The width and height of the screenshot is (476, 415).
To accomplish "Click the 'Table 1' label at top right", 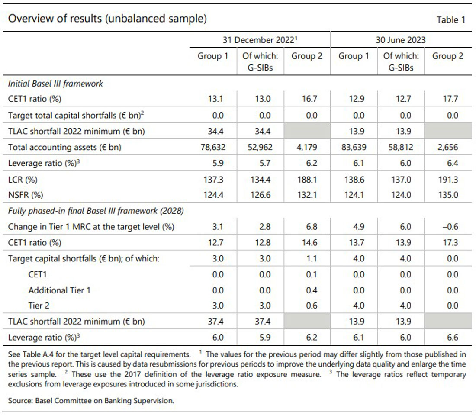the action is (451, 20).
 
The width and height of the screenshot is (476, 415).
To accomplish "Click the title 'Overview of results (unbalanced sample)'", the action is (107, 19).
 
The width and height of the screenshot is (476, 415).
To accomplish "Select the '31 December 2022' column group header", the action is (260, 40).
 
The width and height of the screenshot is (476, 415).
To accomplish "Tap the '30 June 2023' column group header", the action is (401, 40).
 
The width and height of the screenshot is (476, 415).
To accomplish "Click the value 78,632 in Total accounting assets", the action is (213, 147).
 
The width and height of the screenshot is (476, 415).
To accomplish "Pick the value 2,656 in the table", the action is (448, 147).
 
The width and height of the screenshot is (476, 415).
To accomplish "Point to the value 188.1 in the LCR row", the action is (307, 180).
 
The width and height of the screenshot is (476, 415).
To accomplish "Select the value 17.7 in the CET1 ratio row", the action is (450, 99).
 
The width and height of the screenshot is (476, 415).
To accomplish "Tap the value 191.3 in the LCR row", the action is (448, 180).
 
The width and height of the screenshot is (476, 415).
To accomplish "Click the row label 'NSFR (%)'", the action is (26, 195).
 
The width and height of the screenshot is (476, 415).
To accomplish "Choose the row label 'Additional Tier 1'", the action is (60, 290).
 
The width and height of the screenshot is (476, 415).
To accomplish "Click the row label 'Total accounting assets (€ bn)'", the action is (64, 147).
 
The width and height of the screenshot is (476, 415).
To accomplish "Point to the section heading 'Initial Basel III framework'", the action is (55, 84).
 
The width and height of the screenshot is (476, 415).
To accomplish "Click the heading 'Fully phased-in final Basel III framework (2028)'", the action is (96, 211).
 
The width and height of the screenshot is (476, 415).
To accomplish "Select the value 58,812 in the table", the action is (401, 147).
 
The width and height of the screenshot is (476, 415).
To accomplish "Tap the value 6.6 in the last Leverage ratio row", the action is (452, 337).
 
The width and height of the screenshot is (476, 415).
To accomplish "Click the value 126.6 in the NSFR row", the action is (260, 195).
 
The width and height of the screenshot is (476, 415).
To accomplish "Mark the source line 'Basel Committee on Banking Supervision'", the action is (104, 401).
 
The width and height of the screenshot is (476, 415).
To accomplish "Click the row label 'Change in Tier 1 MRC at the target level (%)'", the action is (91, 227).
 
